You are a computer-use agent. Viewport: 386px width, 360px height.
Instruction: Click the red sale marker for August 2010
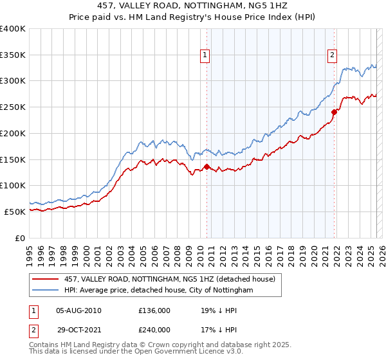tap(207, 166)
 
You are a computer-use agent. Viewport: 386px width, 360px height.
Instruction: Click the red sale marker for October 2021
tap(335, 112)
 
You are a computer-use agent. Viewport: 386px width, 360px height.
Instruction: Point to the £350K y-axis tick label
tap(13, 55)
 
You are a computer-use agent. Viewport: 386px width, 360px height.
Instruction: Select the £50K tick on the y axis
tap(15, 212)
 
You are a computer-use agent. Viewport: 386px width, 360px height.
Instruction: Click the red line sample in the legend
tap(46, 279)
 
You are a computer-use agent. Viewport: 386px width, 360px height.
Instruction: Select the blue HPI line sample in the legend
tap(46, 291)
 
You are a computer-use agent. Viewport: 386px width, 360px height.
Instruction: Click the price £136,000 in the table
tap(154, 310)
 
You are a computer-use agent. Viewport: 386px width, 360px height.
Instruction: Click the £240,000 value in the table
tap(154, 330)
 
